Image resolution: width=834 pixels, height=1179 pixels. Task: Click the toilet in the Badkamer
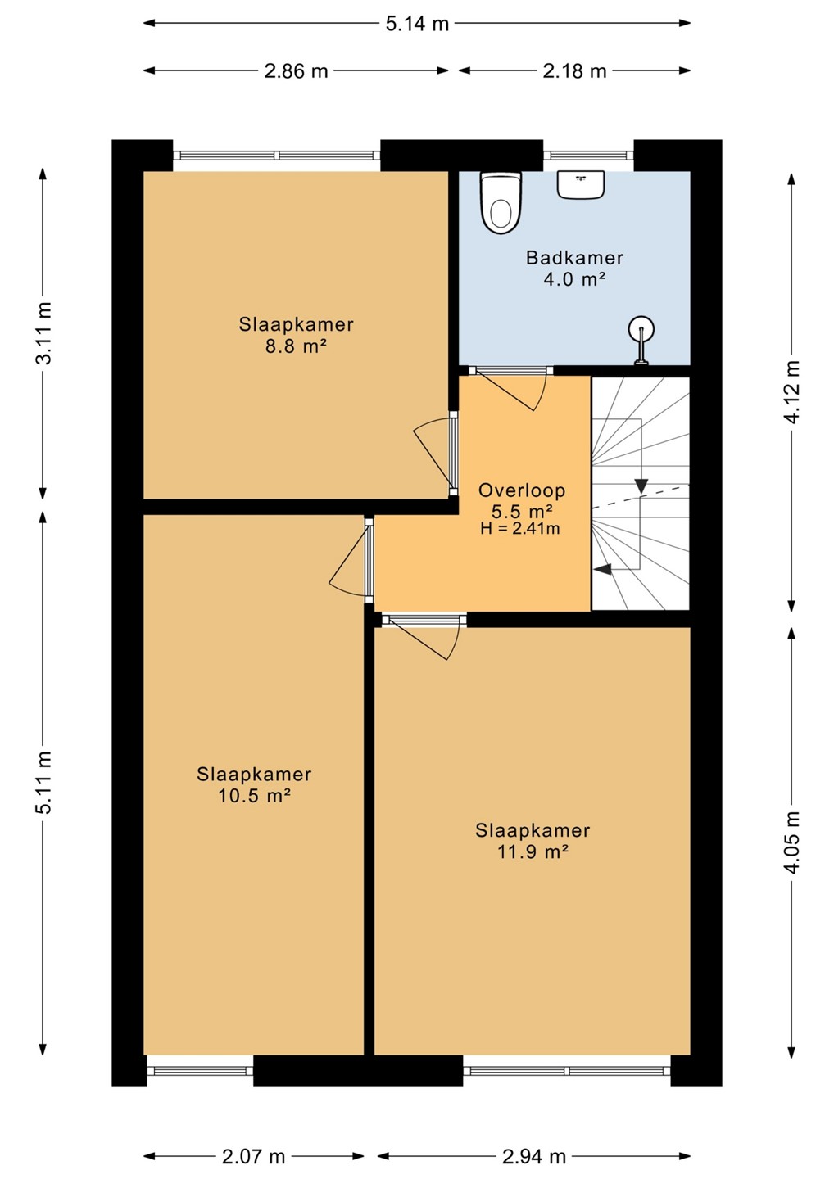(501, 203)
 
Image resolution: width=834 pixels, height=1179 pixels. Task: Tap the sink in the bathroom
(581, 185)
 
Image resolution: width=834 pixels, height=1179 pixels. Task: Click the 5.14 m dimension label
(417, 24)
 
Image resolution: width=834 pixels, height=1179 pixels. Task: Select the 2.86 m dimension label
(296, 70)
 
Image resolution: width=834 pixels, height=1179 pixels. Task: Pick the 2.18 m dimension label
(574, 70)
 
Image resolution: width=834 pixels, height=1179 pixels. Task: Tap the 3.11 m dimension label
(45, 332)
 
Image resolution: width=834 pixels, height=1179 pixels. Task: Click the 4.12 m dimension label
(793, 391)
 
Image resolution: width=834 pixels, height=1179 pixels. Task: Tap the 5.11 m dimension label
(45, 782)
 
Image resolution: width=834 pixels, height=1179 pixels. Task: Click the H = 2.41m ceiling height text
(519, 528)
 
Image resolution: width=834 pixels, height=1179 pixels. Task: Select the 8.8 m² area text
(296, 347)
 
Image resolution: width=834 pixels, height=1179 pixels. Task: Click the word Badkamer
(574, 258)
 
